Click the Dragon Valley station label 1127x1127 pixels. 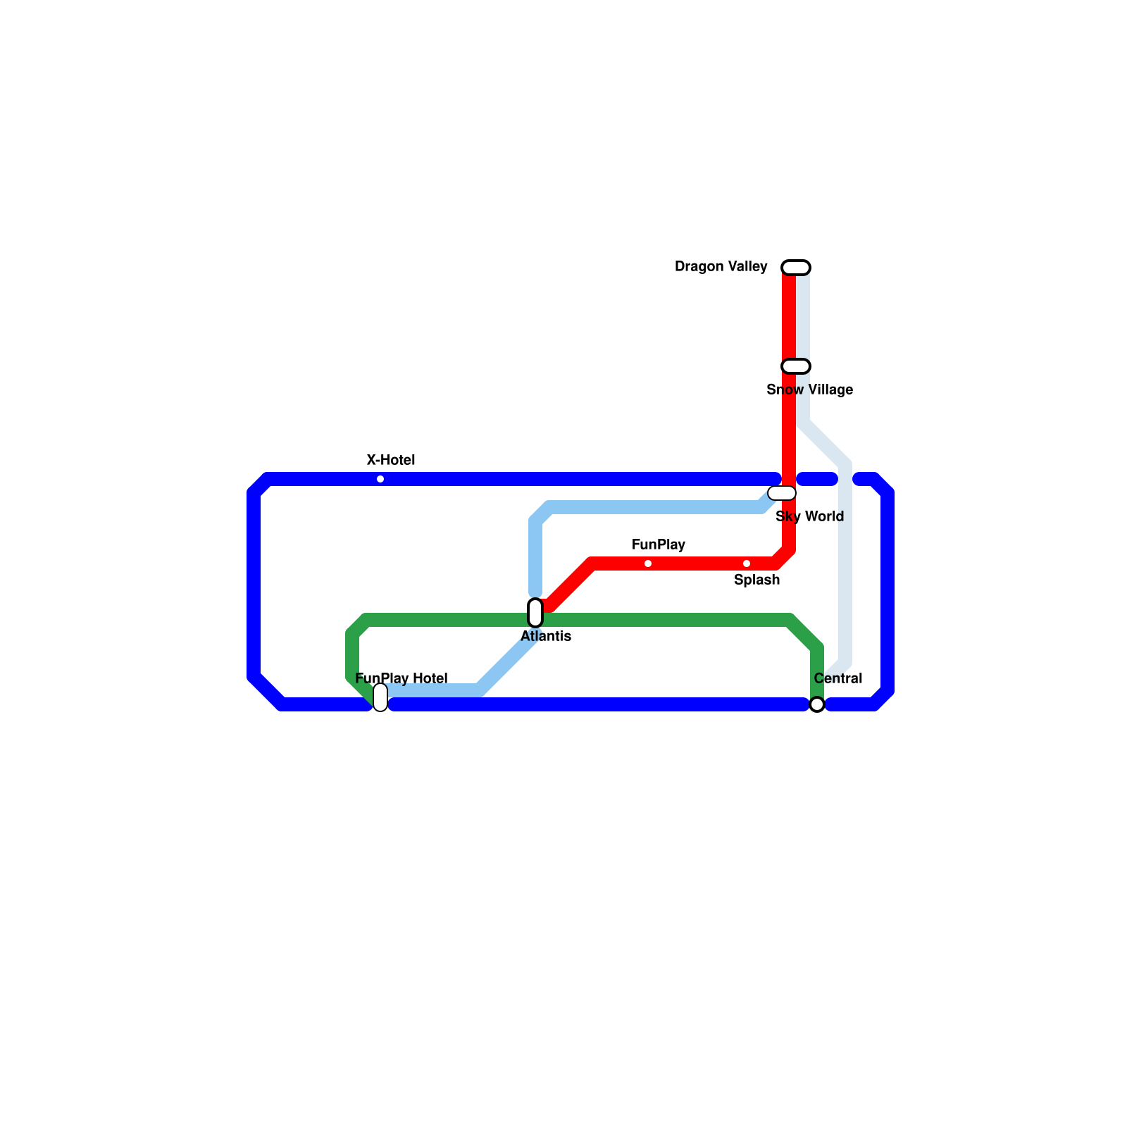[x=721, y=267]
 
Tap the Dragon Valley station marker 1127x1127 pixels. [x=796, y=268]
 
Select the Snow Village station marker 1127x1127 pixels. [x=796, y=366]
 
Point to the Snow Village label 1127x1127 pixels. [x=809, y=390]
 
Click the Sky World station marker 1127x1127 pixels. [x=782, y=493]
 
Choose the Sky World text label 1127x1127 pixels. [x=809, y=517]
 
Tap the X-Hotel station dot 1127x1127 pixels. [x=380, y=479]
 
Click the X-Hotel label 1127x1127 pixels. [x=391, y=461]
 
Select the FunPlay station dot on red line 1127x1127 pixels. [x=648, y=563]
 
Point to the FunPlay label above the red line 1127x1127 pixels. [x=659, y=545]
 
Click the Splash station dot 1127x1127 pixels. [x=747, y=563]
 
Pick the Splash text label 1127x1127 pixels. [x=756, y=580]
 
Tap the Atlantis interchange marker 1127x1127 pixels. [x=535, y=613]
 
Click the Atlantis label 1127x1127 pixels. [x=546, y=637]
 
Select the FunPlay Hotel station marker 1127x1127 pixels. [x=380, y=697]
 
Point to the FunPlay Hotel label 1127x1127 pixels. [x=401, y=679]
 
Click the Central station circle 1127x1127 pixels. [x=817, y=704]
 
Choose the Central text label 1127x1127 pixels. [x=838, y=679]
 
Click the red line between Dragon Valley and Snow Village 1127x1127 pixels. [x=789, y=317]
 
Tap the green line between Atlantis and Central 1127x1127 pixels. [x=669, y=621]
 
